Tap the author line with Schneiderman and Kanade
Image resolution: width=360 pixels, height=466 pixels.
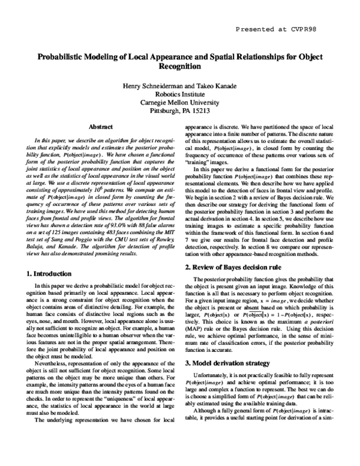[180, 88]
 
